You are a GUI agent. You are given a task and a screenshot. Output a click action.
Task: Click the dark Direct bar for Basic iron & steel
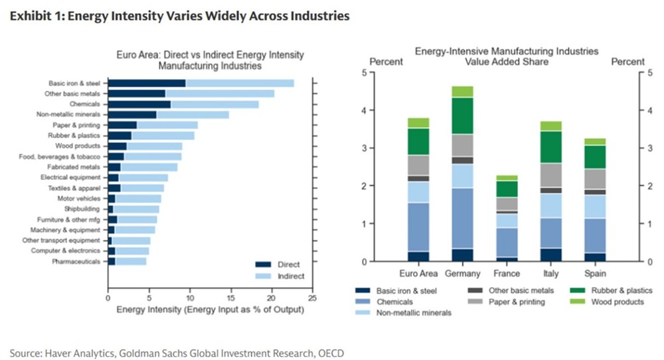coord(146,83)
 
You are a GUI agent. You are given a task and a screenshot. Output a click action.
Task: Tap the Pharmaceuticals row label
coord(77,262)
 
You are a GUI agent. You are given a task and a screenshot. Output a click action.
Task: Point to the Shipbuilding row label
coord(83,209)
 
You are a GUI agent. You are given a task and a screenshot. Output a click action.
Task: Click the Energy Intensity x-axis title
coord(210,310)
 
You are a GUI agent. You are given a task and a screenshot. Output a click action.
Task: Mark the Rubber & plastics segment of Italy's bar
coord(551,147)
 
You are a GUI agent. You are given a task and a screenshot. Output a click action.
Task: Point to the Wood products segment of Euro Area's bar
coord(418,122)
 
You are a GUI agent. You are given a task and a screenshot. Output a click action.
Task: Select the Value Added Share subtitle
coord(507,61)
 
